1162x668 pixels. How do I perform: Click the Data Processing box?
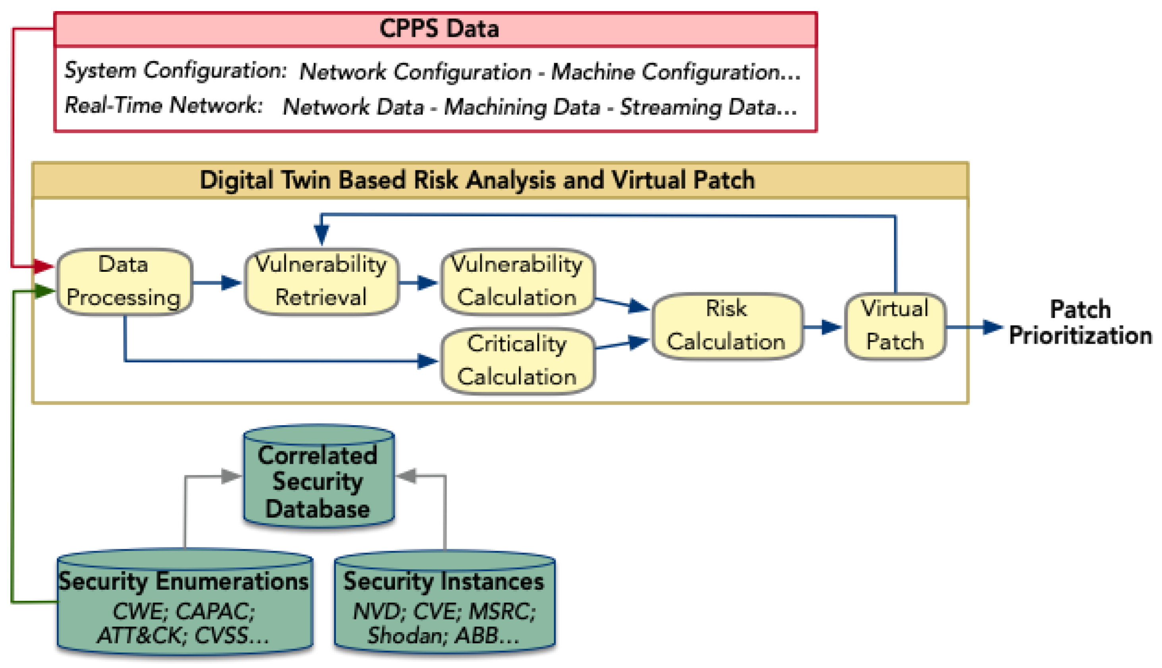124,281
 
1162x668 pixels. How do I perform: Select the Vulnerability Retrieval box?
321,281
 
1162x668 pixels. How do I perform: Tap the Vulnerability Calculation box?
517,281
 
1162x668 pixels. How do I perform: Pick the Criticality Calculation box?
517,360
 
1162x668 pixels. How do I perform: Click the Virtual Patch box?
895,326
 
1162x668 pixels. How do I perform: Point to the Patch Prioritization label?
1080,323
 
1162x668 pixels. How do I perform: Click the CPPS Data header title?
439,29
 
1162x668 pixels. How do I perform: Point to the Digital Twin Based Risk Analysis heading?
477,180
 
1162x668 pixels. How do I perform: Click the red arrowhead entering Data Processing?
44,266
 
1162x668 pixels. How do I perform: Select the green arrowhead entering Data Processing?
44,291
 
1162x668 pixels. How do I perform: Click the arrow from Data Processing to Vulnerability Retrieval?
217,282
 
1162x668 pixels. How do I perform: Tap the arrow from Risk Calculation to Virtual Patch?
823,327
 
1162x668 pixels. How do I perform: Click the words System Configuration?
175,71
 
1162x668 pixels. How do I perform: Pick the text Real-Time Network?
163,106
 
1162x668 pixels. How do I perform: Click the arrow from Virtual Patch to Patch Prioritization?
974,327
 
